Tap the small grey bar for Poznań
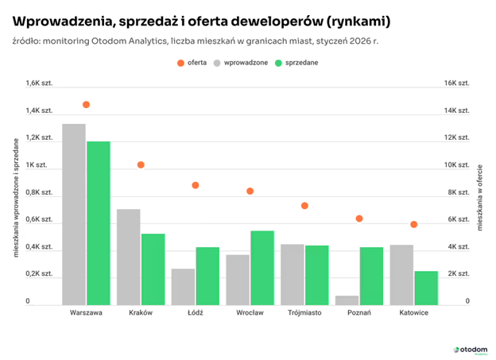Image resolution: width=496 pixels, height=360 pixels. click(x=347, y=300)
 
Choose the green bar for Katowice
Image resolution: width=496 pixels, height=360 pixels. click(x=425, y=288)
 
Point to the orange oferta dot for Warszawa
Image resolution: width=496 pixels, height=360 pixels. click(x=86, y=105)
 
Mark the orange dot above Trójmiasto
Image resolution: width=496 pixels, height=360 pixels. click(x=304, y=206)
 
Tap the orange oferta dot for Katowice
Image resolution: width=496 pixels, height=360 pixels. click(x=413, y=225)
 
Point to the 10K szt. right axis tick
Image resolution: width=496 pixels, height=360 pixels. click(x=456, y=165)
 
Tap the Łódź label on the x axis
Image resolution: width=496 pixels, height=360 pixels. click(x=195, y=312)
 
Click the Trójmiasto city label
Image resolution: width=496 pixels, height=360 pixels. click(x=304, y=312)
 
